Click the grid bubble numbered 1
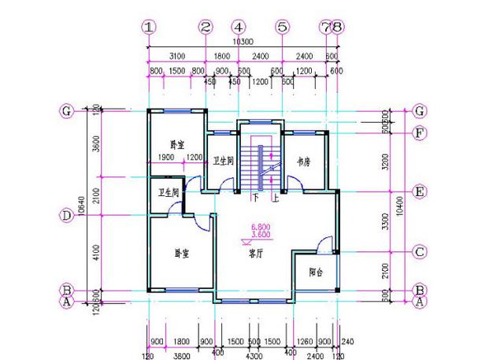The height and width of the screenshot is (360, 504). pyautogui.click(x=149, y=26)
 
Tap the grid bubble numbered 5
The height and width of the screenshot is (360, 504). pyautogui.click(x=282, y=26)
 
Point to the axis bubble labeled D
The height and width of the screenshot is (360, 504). pyautogui.click(x=67, y=215)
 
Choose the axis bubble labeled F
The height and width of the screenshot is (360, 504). pyautogui.click(x=420, y=132)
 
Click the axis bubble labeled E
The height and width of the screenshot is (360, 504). pyautogui.click(x=420, y=192)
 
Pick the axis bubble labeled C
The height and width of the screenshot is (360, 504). pyautogui.click(x=420, y=253)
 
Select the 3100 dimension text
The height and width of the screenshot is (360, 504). pyautogui.click(x=177, y=56)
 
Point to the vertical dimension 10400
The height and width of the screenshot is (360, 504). pyautogui.click(x=400, y=206)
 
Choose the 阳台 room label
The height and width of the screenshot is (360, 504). pyautogui.click(x=315, y=273)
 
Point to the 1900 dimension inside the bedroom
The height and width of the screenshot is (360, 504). pyautogui.click(x=167, y=158)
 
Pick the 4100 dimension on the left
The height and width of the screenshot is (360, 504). pyautogui.click(x=96, y=253)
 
